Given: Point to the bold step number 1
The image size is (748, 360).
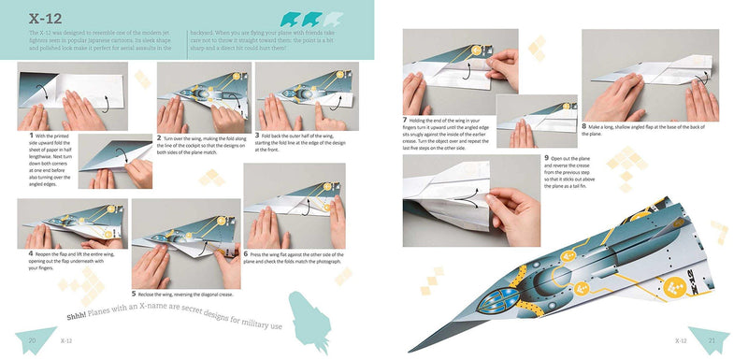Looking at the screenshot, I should coord(20,136).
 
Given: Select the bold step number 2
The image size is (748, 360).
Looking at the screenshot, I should coord(160,137).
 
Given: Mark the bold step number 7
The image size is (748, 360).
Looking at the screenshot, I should coord(404,120).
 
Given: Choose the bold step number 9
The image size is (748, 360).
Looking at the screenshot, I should coord(545,158).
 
